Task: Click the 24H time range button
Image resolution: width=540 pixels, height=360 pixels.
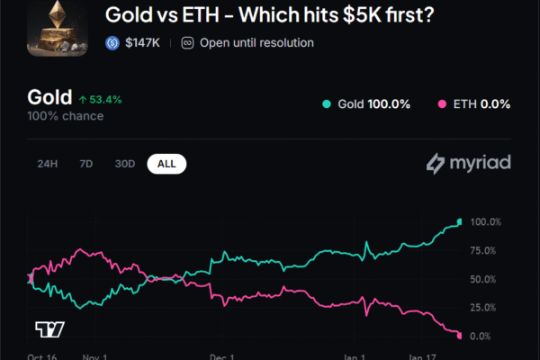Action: (x=48, y=164)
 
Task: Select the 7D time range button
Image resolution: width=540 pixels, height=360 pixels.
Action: (x=86, y=164)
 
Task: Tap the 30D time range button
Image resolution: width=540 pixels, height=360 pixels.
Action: (x=125, y=164)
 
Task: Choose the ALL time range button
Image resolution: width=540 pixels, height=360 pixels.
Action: (x=166, y=164)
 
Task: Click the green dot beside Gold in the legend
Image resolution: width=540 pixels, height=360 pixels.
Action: (x=327, y=104)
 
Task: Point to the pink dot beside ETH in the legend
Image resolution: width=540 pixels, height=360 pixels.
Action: (x=443, y=104)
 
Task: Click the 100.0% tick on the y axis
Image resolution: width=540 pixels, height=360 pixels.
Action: (x=486, y=221)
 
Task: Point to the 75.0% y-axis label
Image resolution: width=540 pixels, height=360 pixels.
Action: (x=486, y=250)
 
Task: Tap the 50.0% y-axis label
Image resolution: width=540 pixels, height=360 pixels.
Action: (x=486, y=279)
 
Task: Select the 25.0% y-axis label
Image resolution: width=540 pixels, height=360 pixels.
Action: (x=486, y=308)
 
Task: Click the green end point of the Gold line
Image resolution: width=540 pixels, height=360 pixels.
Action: (x=460, y=221)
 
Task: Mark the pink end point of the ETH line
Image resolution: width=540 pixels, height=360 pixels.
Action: (x=460, y=336)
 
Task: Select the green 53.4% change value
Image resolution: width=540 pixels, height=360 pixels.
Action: (x=104, y=99)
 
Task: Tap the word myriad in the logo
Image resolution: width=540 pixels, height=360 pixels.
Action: (x=478, y=164)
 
